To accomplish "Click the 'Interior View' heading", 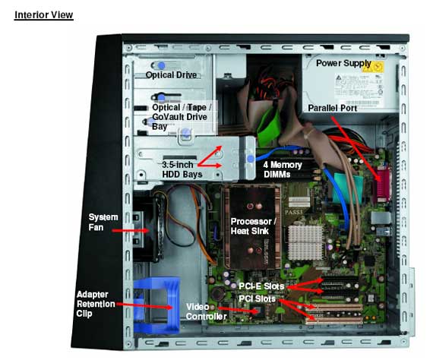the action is pyautogui.click(x=43, y=15).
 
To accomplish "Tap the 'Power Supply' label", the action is pyautogui.click(x=343, y=64).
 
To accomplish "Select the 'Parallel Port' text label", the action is pyautogui.click(x=333, y=108).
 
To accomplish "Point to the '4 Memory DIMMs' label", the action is pyautogui.click(x=283, y=169).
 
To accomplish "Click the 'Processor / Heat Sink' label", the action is pyautogui.click(x=253, y=226).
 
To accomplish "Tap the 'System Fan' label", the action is pyautogui.click(x=103, y=223).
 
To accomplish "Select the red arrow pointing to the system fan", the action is pyautogui.click(x=131, y=231).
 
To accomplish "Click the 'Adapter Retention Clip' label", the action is pyautogui.click(x=96, y=304).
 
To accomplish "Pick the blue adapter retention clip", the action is pyautogui.click(x=156, y=305).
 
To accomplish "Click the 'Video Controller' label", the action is pyautogui.click(x=207, y=311).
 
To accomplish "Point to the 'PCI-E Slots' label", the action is pyautogui.click(x=261, y=286).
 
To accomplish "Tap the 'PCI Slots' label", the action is pyautogui.click(x=257, y=298).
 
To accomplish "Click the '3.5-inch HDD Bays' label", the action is pyautogui.click(x=182, y=169).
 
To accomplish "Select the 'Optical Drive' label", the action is pyautogui.click(x=171, y=75).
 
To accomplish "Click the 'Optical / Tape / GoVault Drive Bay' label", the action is pyautogui.click(x=182, y=117).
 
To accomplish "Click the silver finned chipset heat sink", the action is pyautogui.click(x=305, y=243).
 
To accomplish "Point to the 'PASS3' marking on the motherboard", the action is pyautogui.click(x=293, y=213).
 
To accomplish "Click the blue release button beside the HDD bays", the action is pyautogui.click(x=251, y=159).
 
